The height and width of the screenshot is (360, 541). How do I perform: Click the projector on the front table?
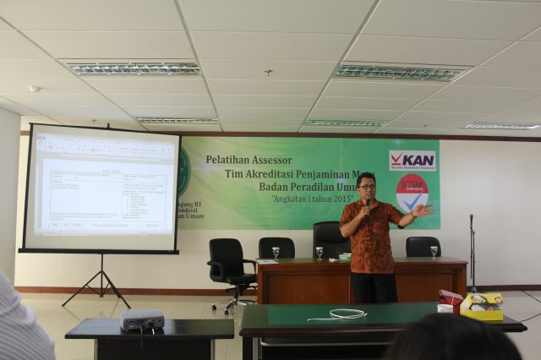click(x=142, y=319)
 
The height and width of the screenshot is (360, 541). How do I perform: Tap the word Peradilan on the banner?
click(x=287, y=188)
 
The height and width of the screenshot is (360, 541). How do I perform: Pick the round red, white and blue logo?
click(x=412, y=193)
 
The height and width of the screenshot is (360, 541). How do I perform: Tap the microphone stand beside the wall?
click(x=472, y=254)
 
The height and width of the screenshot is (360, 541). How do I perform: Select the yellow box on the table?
click(x=481, y=305)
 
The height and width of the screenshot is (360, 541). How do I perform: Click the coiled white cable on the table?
click(x=347, y=314)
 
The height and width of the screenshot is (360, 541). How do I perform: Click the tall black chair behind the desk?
click(x=330, y=238)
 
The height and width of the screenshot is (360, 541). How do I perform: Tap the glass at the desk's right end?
click(x=434, y=252)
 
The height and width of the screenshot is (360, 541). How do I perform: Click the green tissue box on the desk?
click(x=345, y=255)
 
